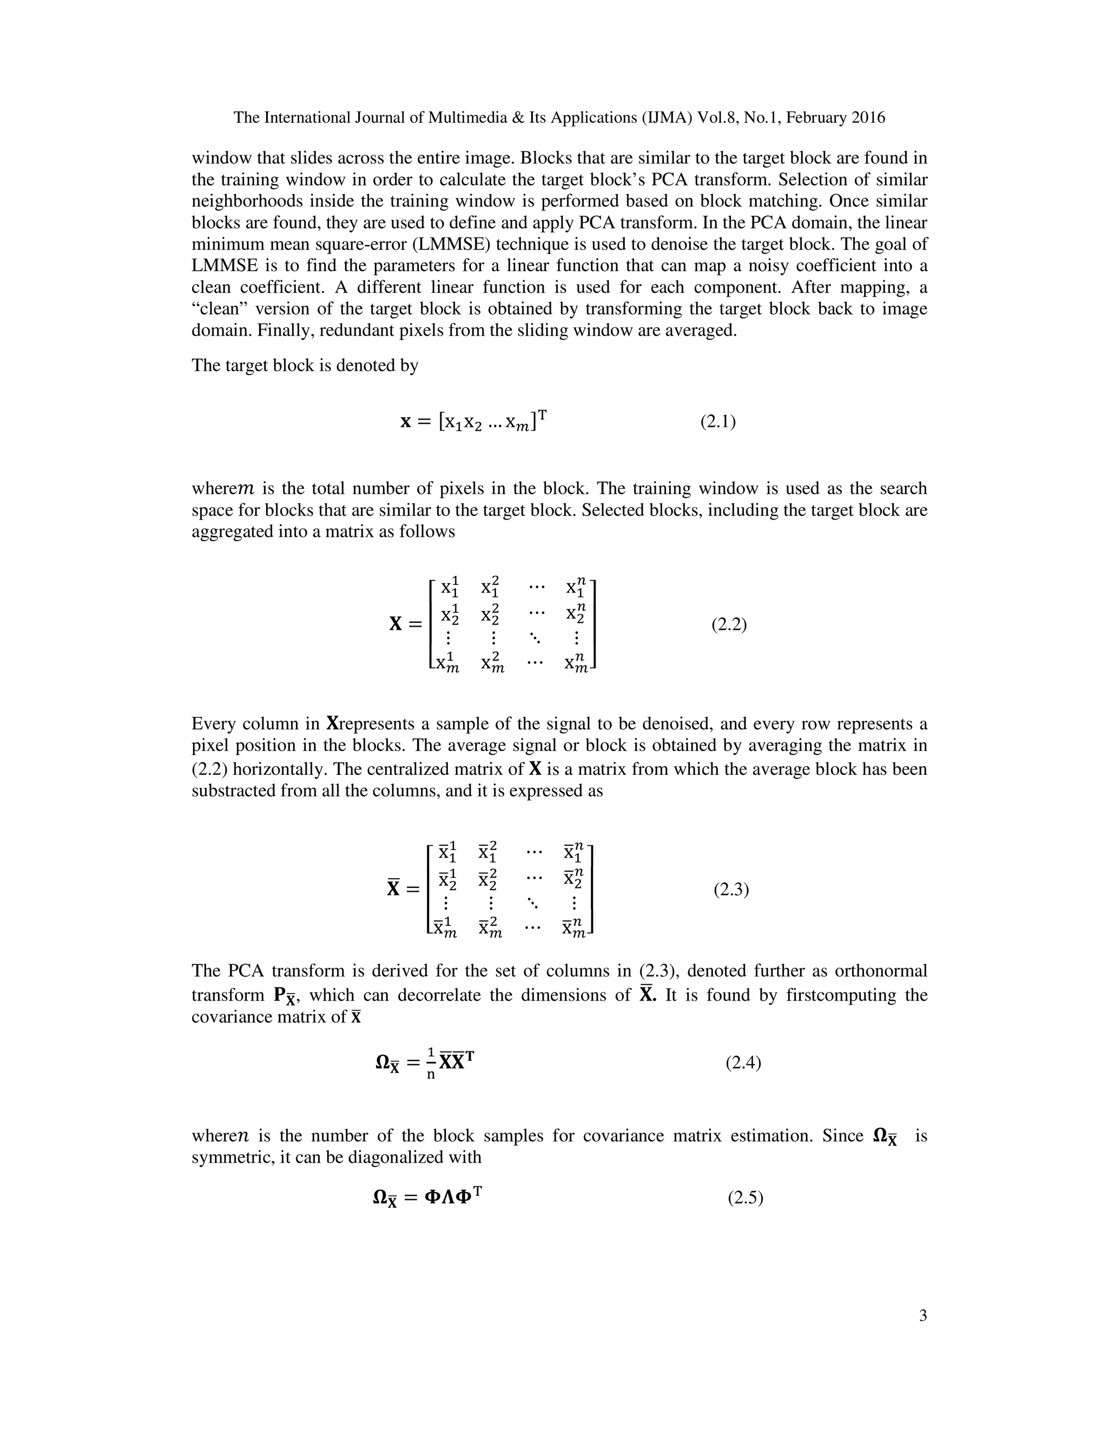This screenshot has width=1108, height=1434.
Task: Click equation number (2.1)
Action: [717, 422]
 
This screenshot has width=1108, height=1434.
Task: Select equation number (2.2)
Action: [729, 624]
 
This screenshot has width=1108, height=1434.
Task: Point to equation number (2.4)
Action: [743, 1062]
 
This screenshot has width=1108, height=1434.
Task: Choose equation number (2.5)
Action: [745, 1198]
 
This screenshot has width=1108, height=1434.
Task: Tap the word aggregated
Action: [230, 531]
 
